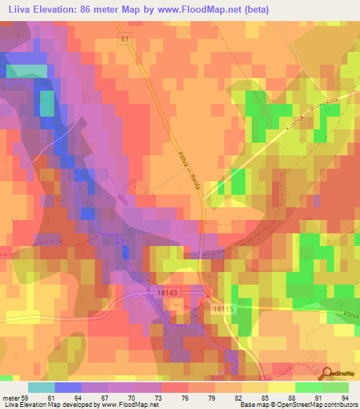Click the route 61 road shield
click(126, 41)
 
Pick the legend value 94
click(345, 397)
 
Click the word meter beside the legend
click(12, 397)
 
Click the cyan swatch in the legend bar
click(41, 387)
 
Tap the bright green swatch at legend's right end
click(335, 387)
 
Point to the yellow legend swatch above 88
click(281, 387)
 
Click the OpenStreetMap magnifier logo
click(328, 373)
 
